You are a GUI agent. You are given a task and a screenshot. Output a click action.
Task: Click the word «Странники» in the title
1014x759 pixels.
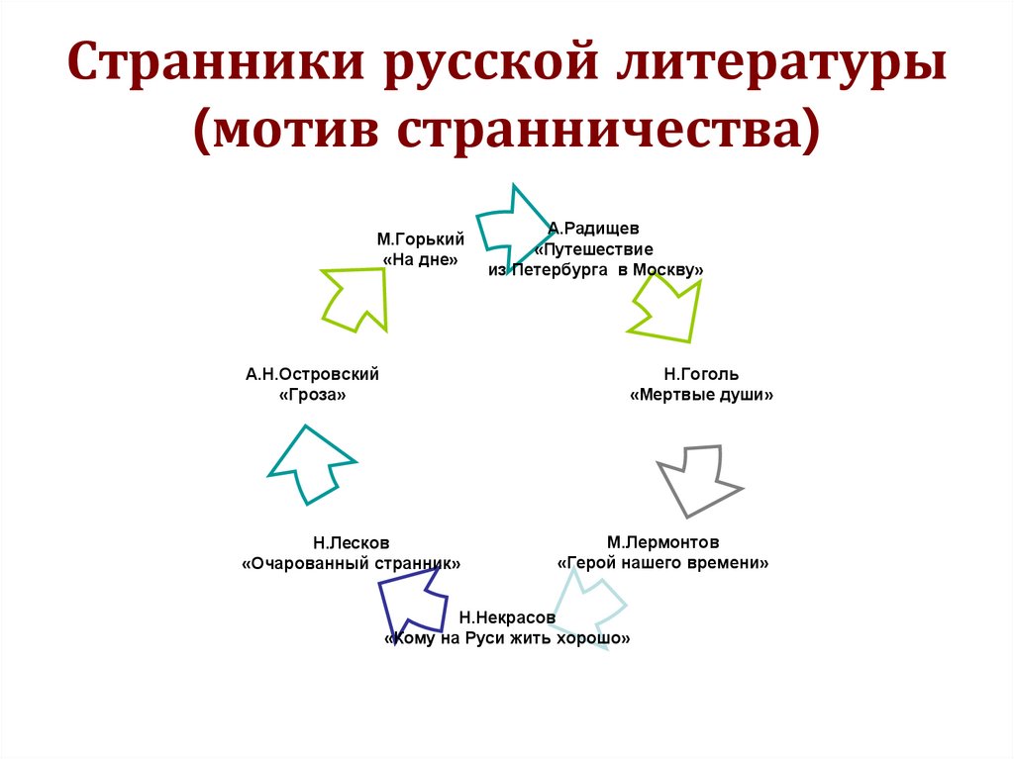pyautogui.click(x=212, y=72)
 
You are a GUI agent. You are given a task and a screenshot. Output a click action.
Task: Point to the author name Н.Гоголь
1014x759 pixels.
pyautogui.click(x=701, y=374)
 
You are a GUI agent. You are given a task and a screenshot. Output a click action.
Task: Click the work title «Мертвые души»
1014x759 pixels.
pyautogui.click(x=701, y=395)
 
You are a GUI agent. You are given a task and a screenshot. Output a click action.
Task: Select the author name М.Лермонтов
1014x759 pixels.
pyautogui.click(x=662, y=542)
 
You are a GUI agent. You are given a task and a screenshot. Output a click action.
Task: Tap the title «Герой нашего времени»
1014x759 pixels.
pyautogui.click(x=662, y=563)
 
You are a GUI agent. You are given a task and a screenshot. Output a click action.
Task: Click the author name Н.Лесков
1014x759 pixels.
pyautogui.click(x=351, y=542)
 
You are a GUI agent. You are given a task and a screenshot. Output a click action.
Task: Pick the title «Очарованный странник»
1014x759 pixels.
pyautogui.click(x=352, y=563)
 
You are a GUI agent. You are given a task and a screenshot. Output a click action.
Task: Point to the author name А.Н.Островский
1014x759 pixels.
pyautogui.click(x=313, y=374)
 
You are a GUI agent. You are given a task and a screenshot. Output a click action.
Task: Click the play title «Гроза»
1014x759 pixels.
pyautogui.click(x=313, y=395)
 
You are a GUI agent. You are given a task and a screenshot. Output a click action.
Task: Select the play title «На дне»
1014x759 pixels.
pyautogui.click(x=420, y=259)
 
